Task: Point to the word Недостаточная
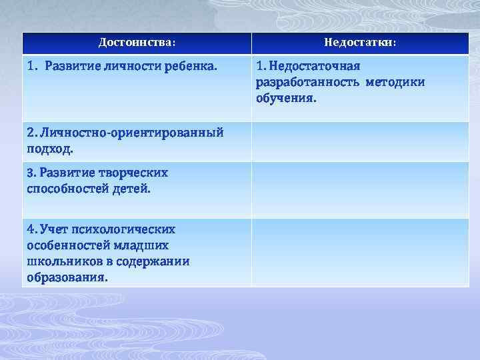313,67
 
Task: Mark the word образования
67,277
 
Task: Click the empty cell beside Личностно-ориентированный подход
360,141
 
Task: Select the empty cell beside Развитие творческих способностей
360,189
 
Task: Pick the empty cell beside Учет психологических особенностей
360,252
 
